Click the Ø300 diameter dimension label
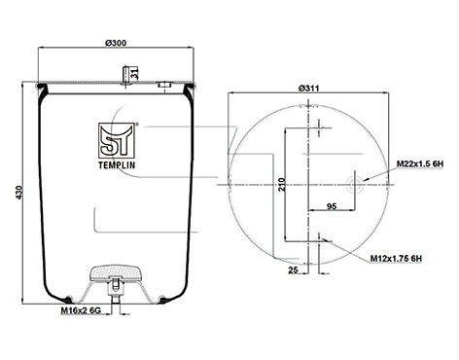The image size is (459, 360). click(x=116, y=43)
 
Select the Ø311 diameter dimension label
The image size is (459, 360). click(x=308, y=89)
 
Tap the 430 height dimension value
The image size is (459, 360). click(x=19, y=193)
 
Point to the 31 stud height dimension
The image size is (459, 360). click(x=135, y=74)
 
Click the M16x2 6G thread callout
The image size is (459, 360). click(x=81, y=310)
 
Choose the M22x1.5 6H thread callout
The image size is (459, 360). click(x=420, y=164)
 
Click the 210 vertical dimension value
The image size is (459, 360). click(x=282, y=185)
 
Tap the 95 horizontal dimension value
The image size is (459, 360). click(x=332, y=206)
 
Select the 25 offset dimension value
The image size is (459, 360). click(x=293, y=270)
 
